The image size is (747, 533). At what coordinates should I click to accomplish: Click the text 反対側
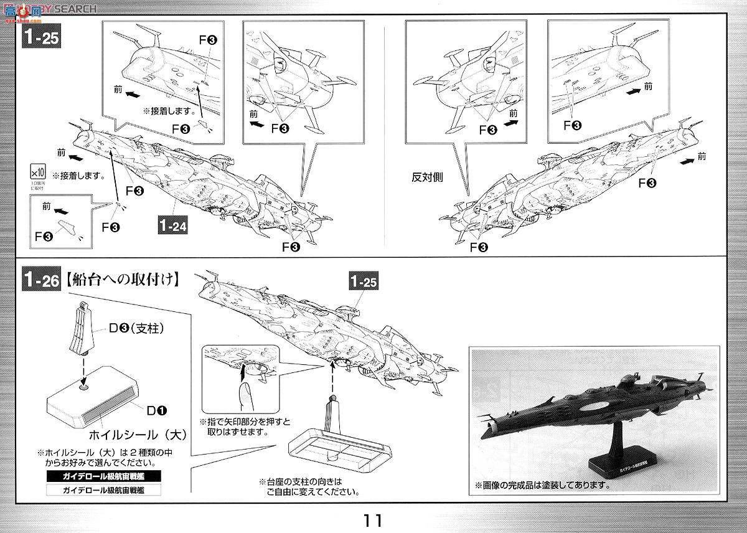[x=426, y=177]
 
